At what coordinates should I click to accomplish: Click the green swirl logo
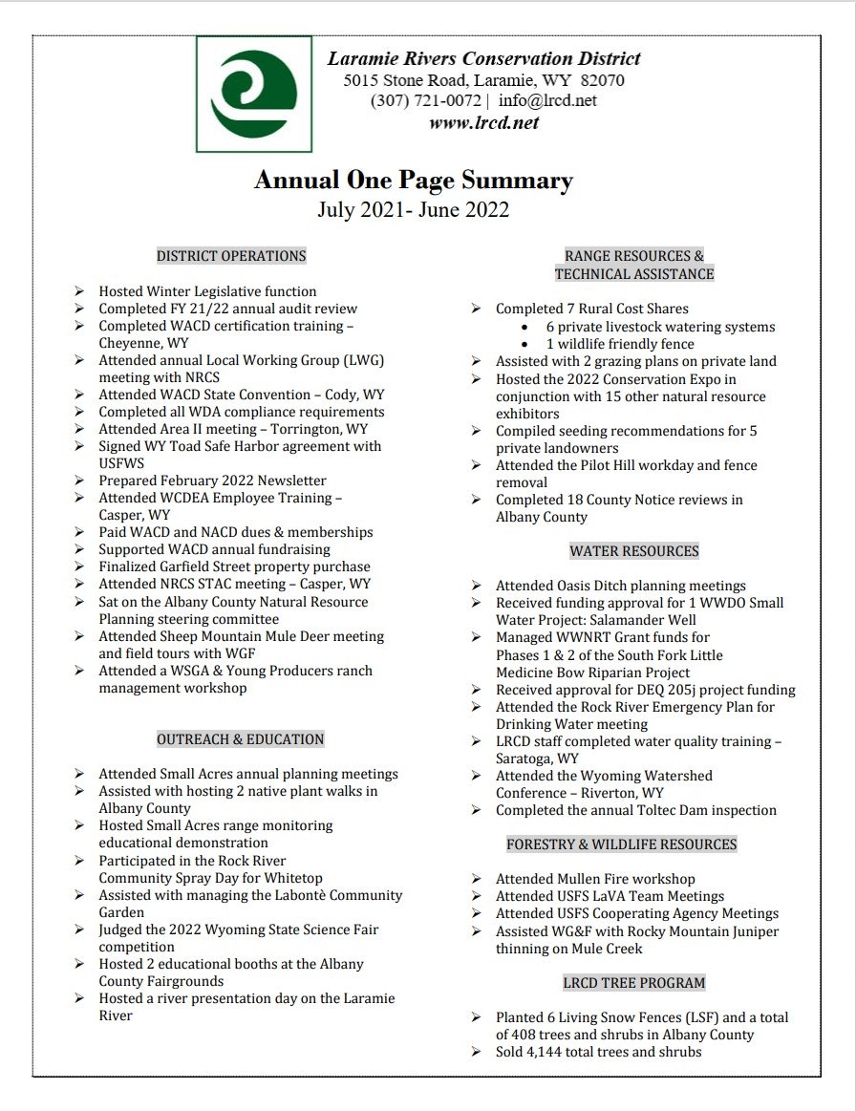(x=253, y=94)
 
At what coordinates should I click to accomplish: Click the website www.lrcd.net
(x=483, y=122)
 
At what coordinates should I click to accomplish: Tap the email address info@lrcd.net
(x=547, y=101)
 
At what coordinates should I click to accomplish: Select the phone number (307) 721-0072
(x=425, y=101)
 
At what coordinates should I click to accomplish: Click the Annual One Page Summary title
(x=413, y=181)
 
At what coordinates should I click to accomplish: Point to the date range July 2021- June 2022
(x=413, y=210)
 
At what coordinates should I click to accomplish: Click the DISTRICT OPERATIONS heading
(x=231, y=256)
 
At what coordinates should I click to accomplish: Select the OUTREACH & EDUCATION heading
(x=240, y=739)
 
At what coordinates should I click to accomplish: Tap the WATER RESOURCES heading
(x=633, y=551)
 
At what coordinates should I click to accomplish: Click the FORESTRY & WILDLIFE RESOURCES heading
(x=621, y=844)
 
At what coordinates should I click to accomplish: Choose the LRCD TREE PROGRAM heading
(x=633, y=983)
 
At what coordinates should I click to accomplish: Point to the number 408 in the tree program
(x=525, y=1035)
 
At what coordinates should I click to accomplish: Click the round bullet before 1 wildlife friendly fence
(x=525, y=344)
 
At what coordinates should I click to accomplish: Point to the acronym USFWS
(x=125, y=463)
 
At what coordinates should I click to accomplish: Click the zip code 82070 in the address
(x=599, y=81)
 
